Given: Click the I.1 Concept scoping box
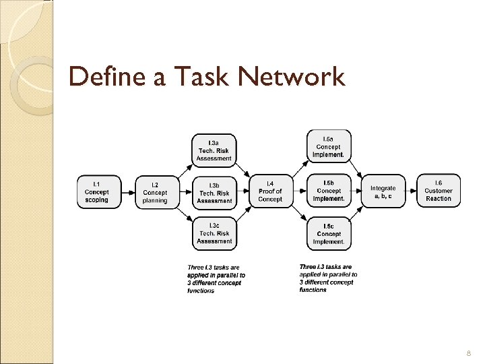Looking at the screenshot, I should click(x=96, y=191).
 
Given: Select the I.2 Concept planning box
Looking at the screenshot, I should click(x=155, y=192).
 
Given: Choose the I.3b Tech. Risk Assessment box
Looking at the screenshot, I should click(x=214, y=192).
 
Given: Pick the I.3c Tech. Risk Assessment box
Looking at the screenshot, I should click(x=214, y=233).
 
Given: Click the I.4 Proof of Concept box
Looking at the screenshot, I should click(x=270, y=191).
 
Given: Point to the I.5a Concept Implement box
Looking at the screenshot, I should click(x=329, y=146).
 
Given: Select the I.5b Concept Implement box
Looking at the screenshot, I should click(x=329, y=191).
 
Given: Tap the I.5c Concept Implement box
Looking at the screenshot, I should click(x=329, y=233).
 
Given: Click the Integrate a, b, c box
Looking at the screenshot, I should click(x=383, y=192).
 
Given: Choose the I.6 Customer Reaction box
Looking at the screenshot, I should click(x=439, y=191).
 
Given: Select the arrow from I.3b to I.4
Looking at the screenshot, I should click(x=243, y=192).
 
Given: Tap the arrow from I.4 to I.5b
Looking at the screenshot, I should click(x=298, y=192).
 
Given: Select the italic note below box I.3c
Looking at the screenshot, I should click(x=216, y=278).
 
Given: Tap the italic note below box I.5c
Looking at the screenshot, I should click(x=328, y=278).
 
